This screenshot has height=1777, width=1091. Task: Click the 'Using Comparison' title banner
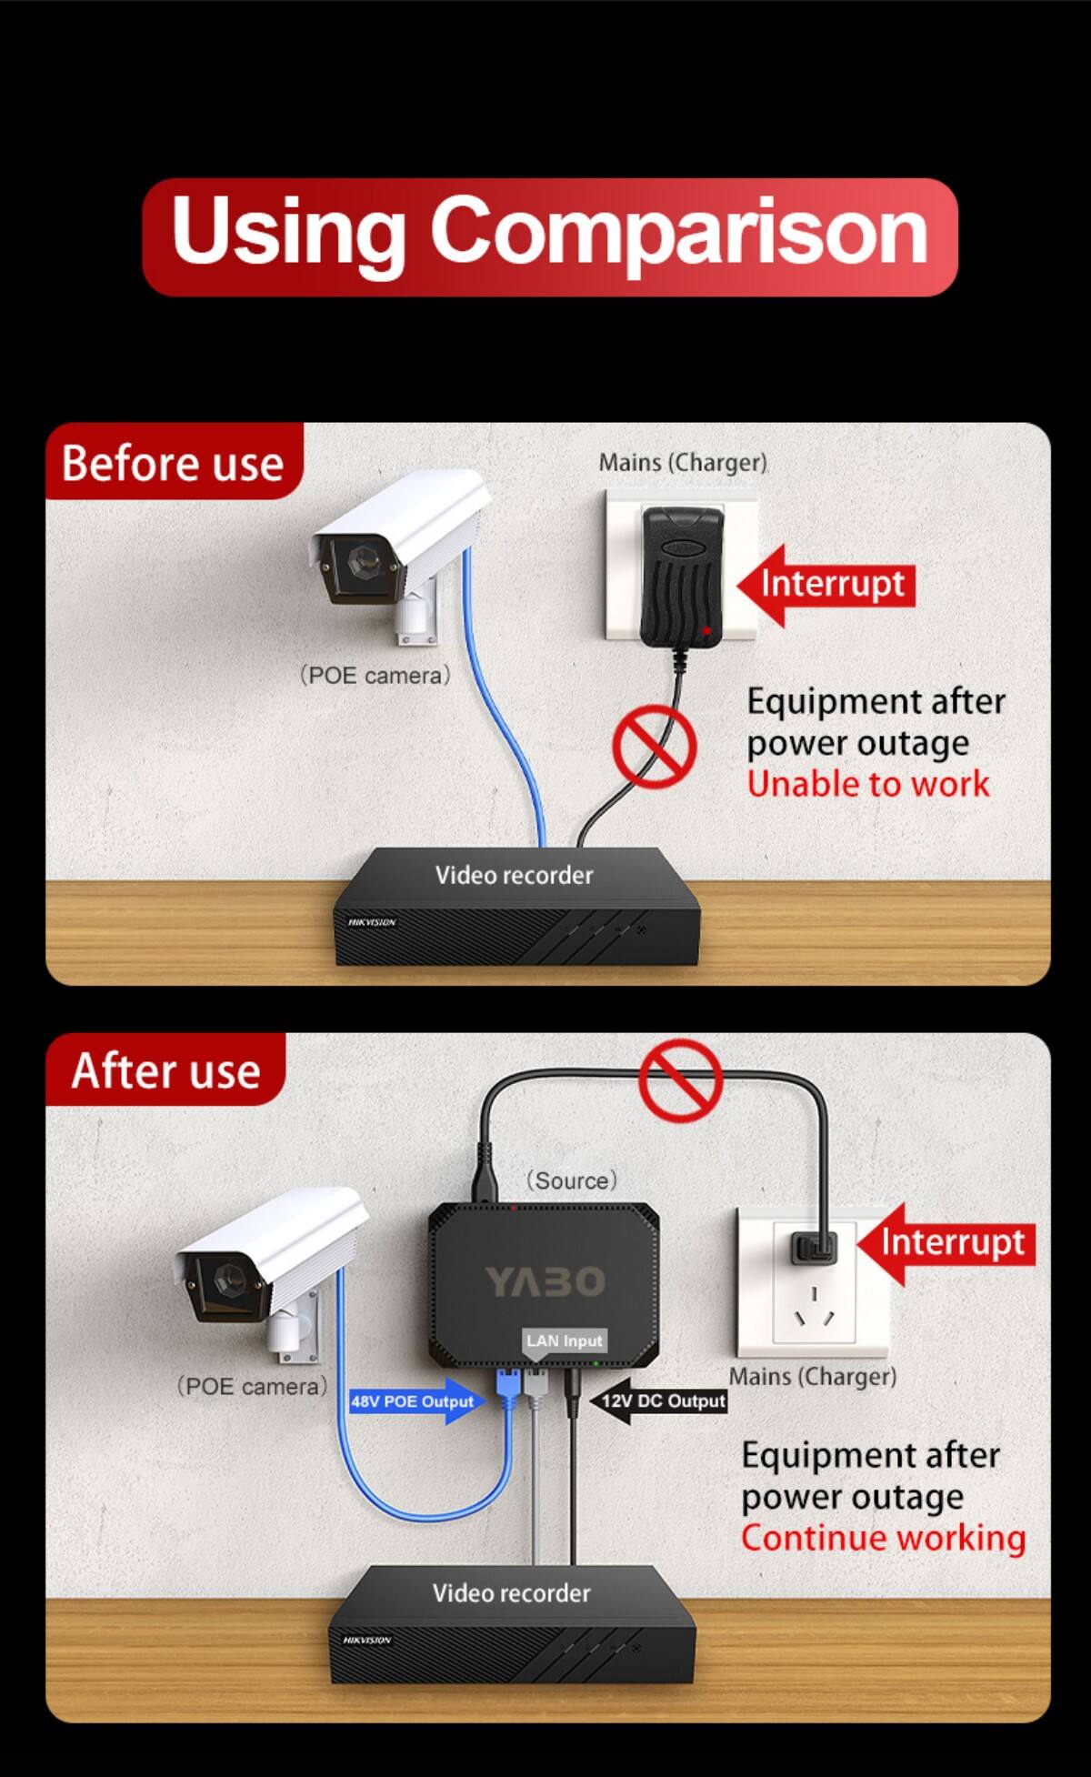click(550, 236)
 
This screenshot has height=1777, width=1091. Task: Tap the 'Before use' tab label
click(173, 462)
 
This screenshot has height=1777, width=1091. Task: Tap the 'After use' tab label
click(165, 1069)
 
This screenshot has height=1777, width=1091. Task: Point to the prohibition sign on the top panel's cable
click(655, 747)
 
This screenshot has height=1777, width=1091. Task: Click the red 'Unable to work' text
click(867, 784)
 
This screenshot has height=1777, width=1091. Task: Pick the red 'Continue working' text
click(883, 1538)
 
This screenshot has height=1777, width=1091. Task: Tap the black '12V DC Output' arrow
click(659, 1401)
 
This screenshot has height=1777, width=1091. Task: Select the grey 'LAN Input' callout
click(564, 1341)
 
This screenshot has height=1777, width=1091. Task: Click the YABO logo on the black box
click(545, 1281)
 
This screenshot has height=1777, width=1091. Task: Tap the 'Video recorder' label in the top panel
click(514, 875)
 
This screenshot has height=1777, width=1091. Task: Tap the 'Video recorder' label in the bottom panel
click(511, 1592)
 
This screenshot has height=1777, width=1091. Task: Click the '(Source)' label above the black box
click(571, 1180)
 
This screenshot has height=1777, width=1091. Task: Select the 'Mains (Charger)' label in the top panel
click(683, 462)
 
